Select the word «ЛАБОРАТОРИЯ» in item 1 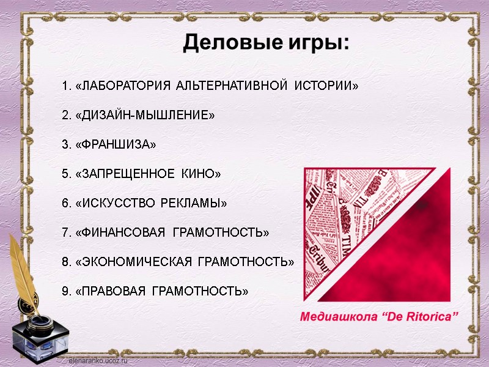point(123,86)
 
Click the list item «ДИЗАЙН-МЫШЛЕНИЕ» point(144,115)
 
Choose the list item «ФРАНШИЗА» point(116,144)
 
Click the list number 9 point(65,291)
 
